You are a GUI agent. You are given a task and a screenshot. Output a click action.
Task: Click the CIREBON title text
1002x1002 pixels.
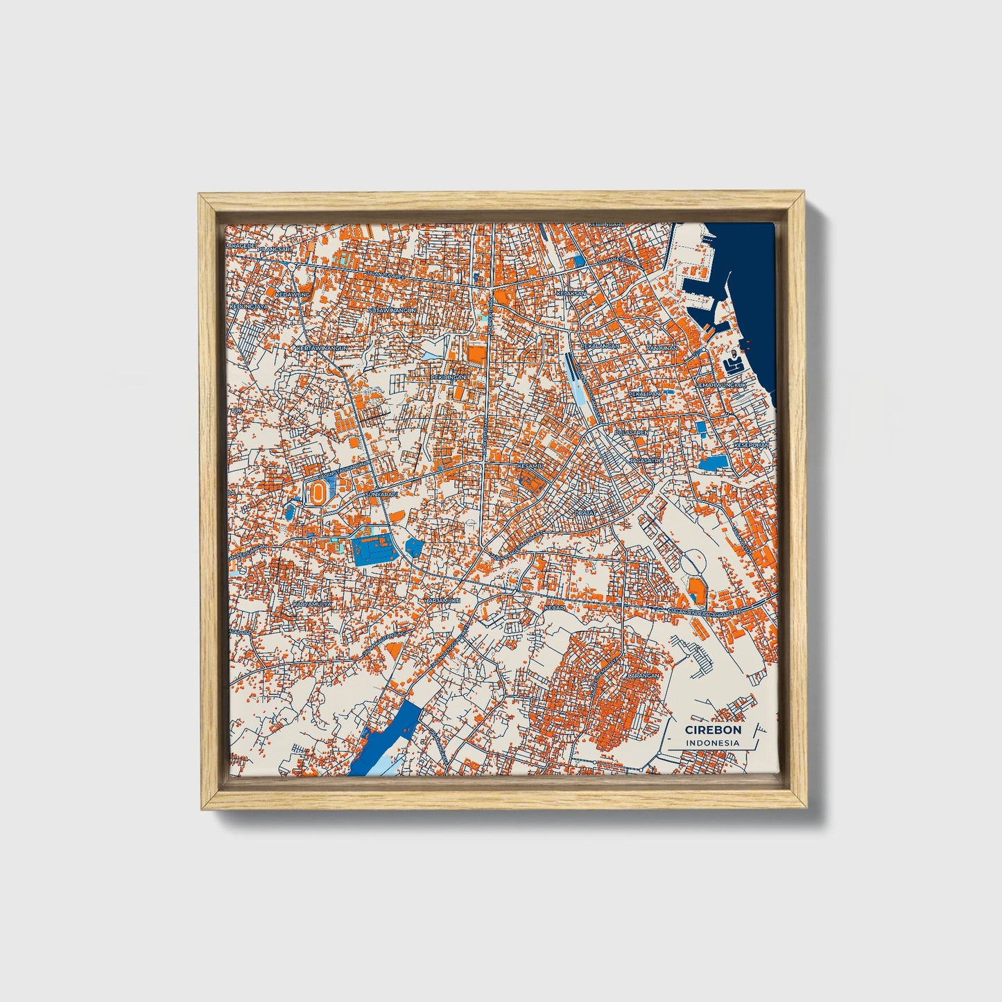(x=713, y=729)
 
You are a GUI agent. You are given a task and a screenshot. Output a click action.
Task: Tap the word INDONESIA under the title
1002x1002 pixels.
(x=712, y=743)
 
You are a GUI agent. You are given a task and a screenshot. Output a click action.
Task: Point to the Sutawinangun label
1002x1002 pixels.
(x=392, y=310)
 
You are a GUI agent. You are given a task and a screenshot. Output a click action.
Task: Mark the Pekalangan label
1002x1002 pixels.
(x=600, y=345)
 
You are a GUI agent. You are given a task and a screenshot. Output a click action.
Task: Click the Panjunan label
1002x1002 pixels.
(x=661, y=347)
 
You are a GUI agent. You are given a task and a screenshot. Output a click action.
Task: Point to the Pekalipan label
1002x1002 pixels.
(x=644, y=393)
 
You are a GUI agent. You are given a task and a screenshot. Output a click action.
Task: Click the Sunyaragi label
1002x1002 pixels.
(x=381, y=494)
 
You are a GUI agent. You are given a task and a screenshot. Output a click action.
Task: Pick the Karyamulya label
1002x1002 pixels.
(x=312, y=604)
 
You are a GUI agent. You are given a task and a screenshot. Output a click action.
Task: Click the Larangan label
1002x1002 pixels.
(x=641, y=673)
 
